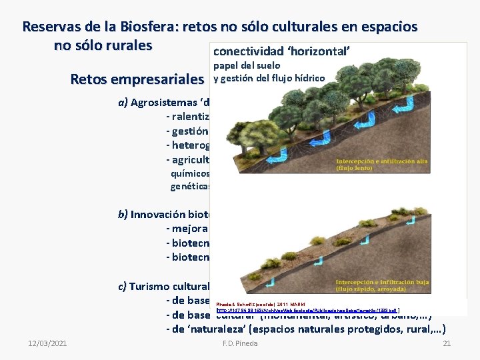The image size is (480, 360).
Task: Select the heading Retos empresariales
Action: (x=137, y=79)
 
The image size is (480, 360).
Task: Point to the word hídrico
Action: (x=307, y=79)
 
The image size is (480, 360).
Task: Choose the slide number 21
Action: (x=447, y=343)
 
